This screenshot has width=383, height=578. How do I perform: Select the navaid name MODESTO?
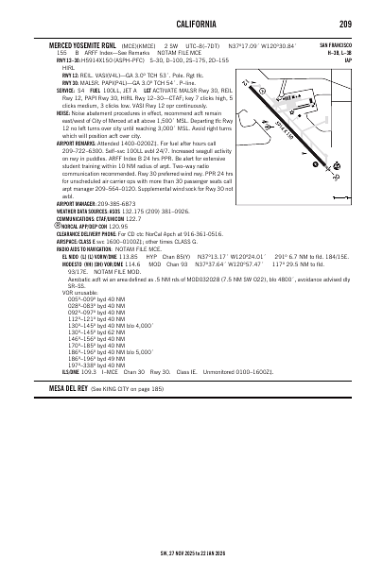pyautogui.click(x=76, y=292)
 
